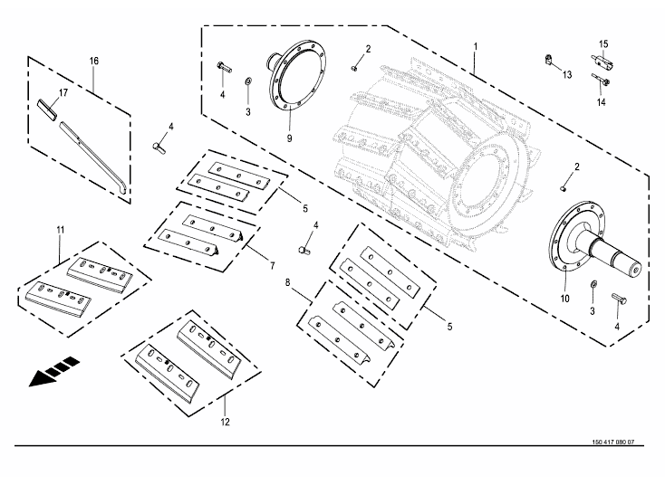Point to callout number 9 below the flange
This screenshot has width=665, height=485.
pyautogui.click(x=289, y=138)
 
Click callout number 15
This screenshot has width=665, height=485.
pyautogui.click(x=604, y=43)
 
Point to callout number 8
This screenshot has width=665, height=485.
pyautogui.click(x=288, y=282)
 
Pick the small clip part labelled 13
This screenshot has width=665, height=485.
pyautogui.click(x=550, y=61)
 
